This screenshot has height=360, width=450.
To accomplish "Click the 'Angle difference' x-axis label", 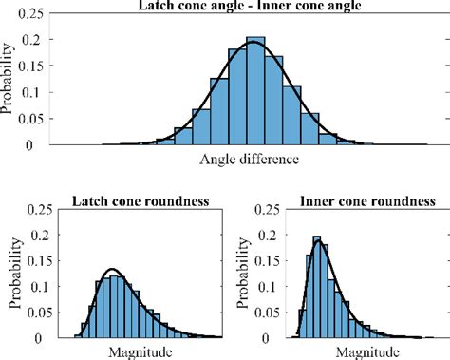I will tap(251, 159).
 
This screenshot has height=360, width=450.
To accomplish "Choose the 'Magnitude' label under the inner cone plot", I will tap(360, 352).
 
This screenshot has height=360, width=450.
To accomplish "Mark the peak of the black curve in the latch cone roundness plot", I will tap(112, 270).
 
